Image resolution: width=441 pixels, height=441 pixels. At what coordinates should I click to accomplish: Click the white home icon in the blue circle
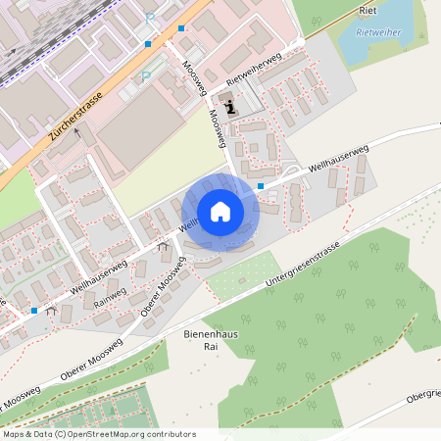(x=220, y=211)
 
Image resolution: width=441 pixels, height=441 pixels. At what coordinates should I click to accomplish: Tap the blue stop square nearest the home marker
(x=261, y=186)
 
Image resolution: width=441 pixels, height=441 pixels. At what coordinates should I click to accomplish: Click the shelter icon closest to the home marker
(x=161, y=248)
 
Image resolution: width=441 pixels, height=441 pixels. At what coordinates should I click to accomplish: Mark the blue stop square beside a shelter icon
(x=34, y=310)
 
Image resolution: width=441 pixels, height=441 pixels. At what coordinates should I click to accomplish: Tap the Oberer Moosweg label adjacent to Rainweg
(x=161, y=290)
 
